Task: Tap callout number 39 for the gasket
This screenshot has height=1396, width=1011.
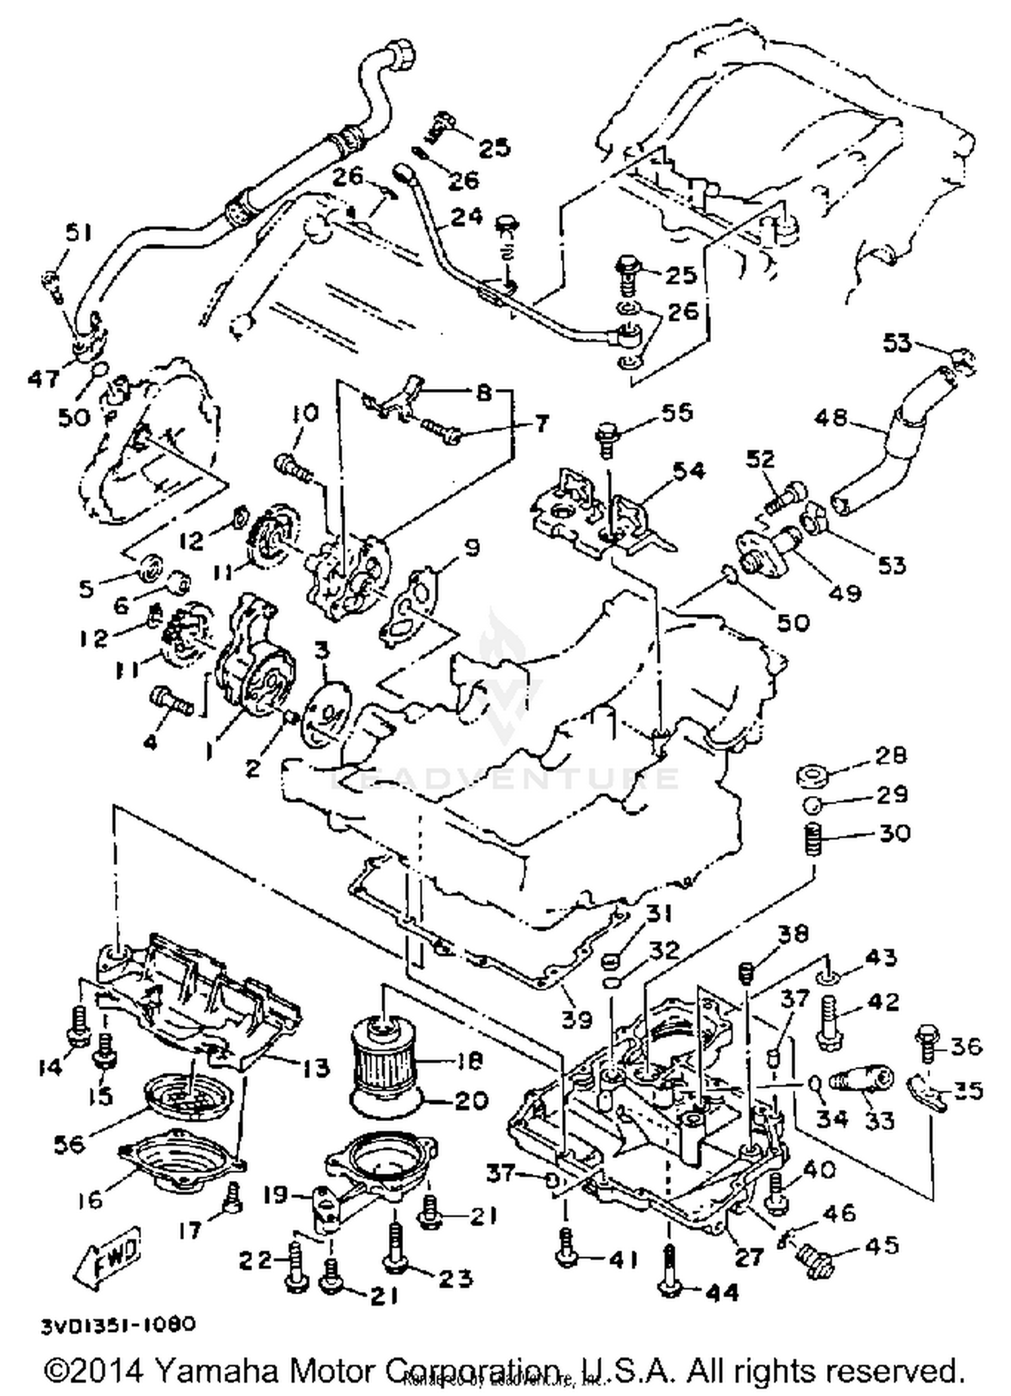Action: [577, 1019]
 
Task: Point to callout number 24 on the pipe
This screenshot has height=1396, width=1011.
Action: [466, 217]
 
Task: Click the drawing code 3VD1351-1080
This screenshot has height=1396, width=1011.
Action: [119, 1324]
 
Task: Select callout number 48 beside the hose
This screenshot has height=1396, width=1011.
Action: [830, 417]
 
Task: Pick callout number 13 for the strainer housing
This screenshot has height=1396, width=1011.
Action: [312, 1067]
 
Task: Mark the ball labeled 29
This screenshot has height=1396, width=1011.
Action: [812, 804]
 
